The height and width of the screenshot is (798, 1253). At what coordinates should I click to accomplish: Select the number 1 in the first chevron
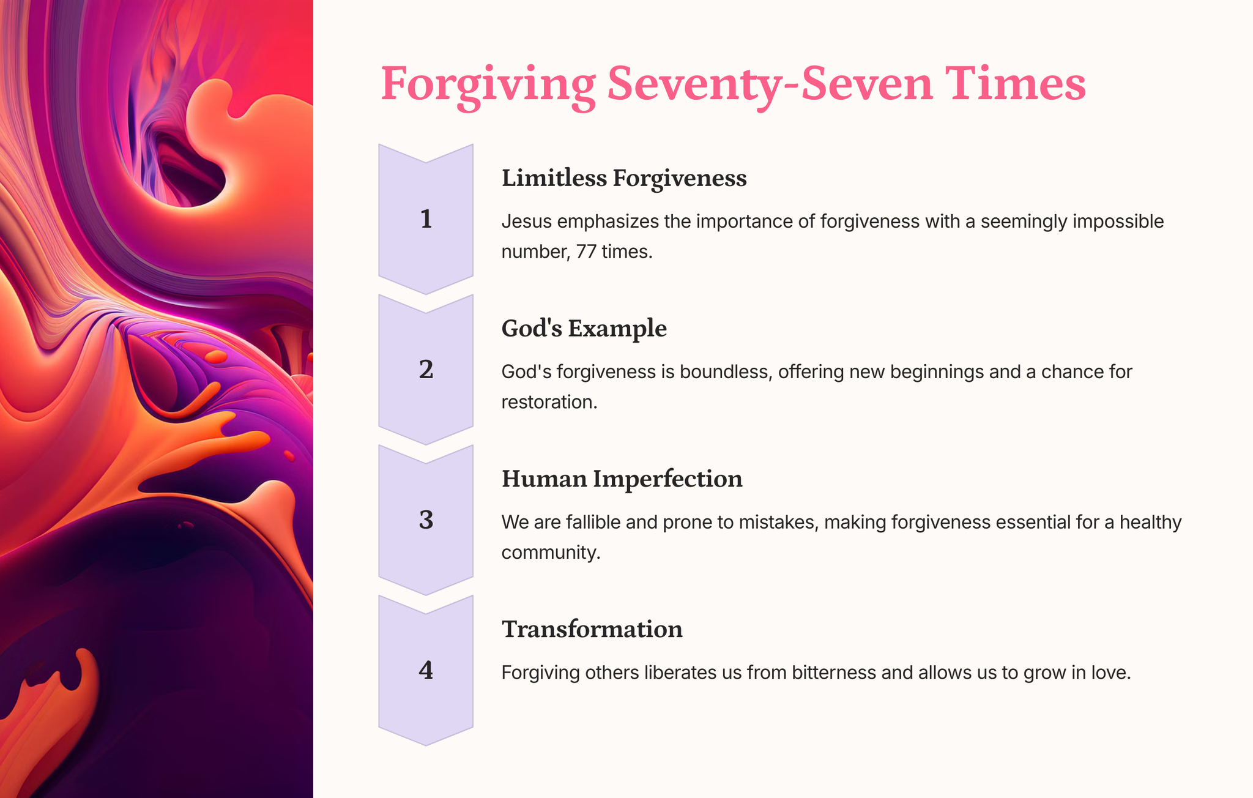click(426, 219)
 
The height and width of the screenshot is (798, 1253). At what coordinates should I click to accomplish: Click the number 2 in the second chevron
click(426, 370)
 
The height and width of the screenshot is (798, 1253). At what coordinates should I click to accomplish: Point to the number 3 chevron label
click(426, 520)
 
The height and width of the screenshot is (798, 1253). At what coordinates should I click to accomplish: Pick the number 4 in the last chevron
click(426, 671)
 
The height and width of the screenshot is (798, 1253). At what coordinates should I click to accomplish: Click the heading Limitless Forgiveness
click(624, 179)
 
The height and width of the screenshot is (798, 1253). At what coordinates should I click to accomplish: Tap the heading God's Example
click(584, 329)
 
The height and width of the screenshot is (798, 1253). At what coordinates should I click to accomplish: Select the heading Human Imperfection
click(622, 479)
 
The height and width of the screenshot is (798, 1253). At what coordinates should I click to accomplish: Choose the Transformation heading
click(592, 629)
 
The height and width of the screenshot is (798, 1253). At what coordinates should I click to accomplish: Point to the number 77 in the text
click(586, 252)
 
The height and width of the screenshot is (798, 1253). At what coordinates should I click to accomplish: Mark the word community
click(551, 553)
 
